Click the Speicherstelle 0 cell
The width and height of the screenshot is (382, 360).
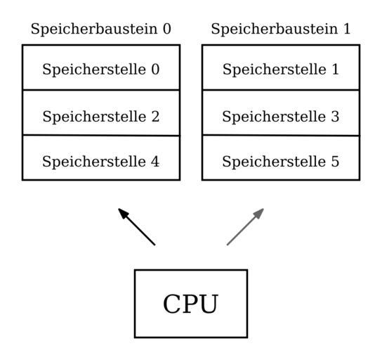(x=101, y=67)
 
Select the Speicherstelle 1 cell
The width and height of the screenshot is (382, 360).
(x=281, y=67)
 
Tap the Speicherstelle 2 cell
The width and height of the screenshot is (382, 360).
(x=101, y=112)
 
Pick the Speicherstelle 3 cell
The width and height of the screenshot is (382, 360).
(x=281, y=112)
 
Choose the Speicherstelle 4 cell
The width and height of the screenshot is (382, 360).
(x=101, y=157)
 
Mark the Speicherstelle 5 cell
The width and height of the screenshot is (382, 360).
(x=281, y=157)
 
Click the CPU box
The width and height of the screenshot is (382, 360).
(x=191, y=304)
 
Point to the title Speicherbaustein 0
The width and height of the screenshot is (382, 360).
(x=101, y=30)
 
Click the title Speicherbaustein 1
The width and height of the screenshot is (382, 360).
(x=281, y=30)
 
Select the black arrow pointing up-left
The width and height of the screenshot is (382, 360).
(x=137, y=227)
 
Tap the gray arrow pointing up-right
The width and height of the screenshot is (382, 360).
(x=245, y=227)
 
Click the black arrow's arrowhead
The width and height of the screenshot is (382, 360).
(x=123, y=214)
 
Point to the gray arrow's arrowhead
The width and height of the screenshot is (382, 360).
(x=258, y=214)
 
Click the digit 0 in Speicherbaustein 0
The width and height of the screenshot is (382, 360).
(x=167, y=29)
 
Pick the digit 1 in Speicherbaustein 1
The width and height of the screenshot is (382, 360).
(x=346, y=29)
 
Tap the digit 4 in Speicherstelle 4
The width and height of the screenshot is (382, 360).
(x=155, y=162)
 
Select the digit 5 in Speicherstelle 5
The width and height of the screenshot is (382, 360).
(x=335, y=162)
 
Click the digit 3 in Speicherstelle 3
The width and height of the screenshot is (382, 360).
(x=335, y=116)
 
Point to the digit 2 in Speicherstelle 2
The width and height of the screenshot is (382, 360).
(x=155, y=116)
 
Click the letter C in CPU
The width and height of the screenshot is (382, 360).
(x=172, y=304)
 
